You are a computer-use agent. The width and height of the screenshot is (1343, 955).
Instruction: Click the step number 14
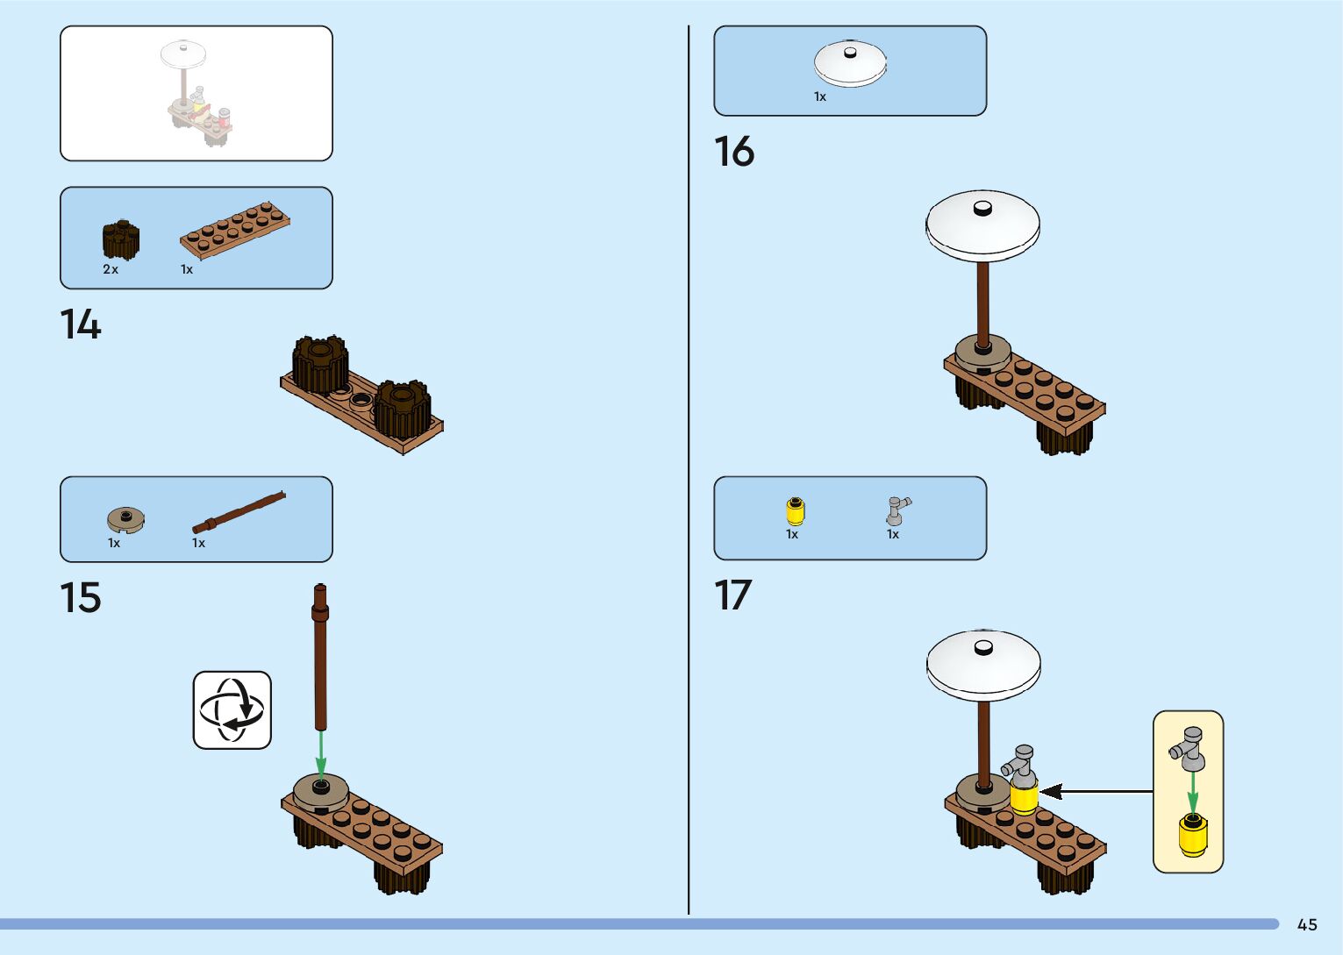tap(80, 324)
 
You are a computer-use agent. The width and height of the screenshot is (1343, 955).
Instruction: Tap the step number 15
tap(80, 598)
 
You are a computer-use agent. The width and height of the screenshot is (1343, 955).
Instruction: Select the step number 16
tap(733, 152)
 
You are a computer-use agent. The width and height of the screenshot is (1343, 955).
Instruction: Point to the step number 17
tap(732, 595)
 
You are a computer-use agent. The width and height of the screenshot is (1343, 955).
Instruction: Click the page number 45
tap(1307, 924)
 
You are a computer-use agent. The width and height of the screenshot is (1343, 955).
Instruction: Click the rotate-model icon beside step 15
tap(232, 710)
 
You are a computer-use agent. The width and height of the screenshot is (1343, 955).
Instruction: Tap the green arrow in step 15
tap(321, 754)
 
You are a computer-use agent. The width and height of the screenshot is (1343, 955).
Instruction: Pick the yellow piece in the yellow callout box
tap(1192, 834)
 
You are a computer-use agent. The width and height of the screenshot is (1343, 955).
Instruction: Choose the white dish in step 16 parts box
tap(849, 63)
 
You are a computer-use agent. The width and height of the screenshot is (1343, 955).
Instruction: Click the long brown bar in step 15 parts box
tap(239, 513)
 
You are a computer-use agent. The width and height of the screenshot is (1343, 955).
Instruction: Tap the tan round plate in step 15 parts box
tap(125, 519)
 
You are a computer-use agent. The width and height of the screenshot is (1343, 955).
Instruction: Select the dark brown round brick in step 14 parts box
tap(120, 239)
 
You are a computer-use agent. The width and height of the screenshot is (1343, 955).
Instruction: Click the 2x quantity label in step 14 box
tap(111, 269)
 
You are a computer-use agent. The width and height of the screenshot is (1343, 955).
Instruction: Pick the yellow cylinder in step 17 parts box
tap(795, 510)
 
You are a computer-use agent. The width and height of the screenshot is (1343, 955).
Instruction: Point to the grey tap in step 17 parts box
tap(897, 510)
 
